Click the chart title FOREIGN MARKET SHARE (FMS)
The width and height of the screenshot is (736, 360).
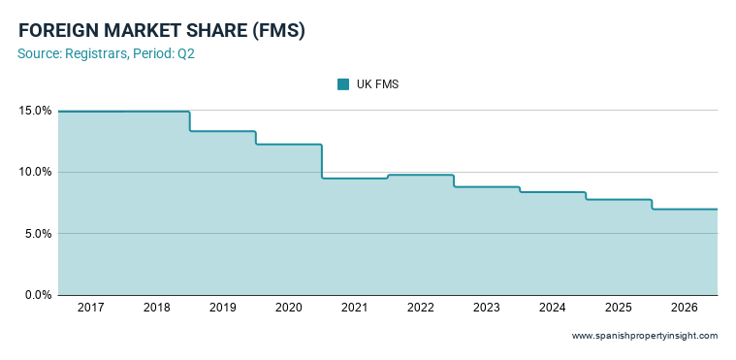point(162,31)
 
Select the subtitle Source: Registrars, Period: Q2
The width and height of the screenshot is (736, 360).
point(106,54)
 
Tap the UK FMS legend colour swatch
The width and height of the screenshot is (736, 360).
point(343,84)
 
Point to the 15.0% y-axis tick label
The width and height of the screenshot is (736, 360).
point(35,111)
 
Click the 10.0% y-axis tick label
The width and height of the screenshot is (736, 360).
point(35,173)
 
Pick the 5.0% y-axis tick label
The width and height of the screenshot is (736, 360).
point(38,234)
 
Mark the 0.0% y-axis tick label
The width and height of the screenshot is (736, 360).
point(38,295)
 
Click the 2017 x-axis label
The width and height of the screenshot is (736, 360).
point(91,309)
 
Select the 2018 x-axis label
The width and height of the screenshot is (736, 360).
point(157,309)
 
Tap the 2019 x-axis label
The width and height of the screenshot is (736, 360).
point(223,309)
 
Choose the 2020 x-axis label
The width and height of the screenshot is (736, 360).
point(289,309)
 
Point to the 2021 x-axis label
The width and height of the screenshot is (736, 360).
point(355,309)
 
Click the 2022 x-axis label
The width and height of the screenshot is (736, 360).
point(421,309)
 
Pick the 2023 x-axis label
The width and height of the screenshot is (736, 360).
point(487,309)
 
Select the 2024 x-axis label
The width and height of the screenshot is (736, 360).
point(553,309)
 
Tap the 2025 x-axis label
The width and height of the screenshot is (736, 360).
point(619,309)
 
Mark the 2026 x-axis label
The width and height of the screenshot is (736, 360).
point(685,309)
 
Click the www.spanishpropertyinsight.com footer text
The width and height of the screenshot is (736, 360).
point(645,336)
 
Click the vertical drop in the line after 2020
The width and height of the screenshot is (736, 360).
point(322,162)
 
